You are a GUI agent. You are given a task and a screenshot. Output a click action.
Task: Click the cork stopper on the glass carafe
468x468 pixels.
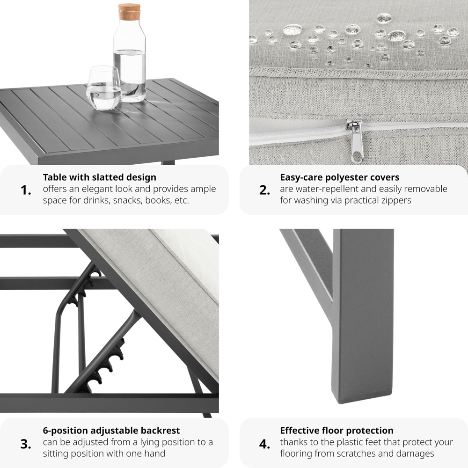point(129,12)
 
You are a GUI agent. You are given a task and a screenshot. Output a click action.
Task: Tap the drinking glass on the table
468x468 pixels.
point(103,88)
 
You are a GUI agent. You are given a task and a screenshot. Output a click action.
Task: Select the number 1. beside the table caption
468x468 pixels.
point(26,190)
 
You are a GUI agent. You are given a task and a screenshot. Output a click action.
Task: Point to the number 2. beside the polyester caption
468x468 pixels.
point(264,190)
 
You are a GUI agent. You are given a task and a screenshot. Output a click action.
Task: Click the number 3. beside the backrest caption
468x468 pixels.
point(26,444)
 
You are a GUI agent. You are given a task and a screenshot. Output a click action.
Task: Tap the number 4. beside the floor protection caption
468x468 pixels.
point(264,444)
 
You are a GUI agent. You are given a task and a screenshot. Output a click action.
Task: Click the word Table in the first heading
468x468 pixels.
point(55,177)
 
